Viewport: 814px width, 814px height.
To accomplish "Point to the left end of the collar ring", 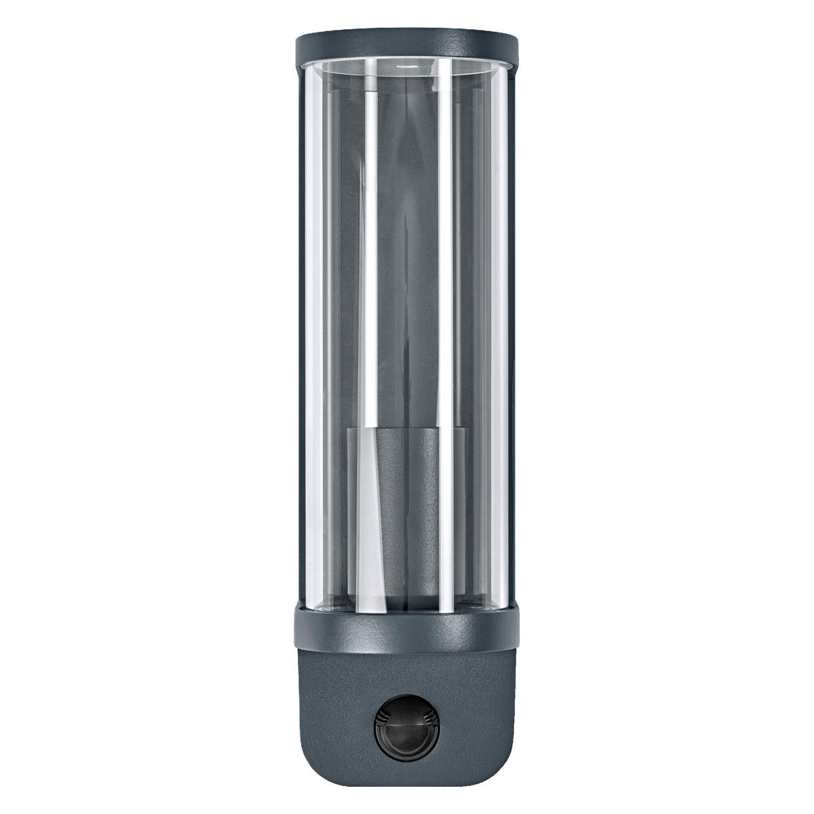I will [x=297, y=631].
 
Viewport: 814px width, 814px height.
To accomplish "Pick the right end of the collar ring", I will [x=517, y=631].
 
